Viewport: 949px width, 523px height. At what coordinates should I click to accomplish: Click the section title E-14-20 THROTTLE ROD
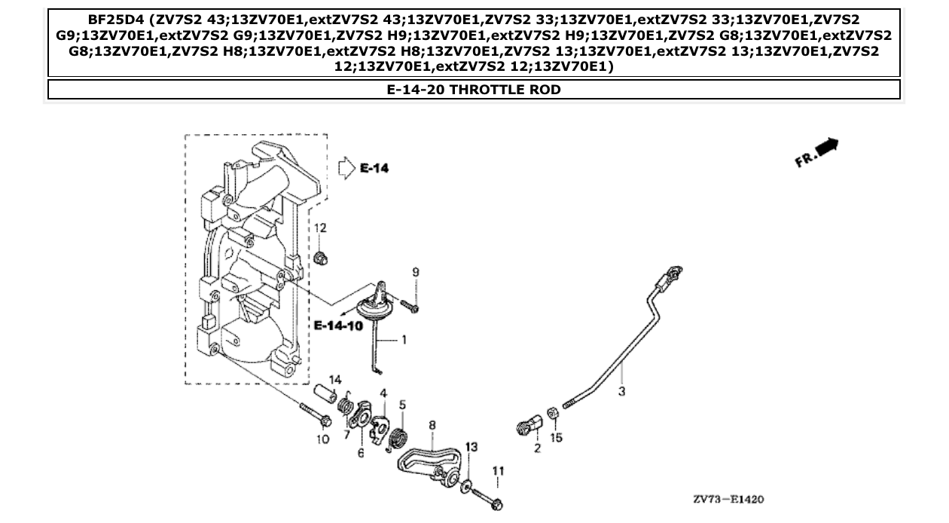pos(474,90)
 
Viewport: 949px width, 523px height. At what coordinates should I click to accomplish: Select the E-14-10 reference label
pos(337,325)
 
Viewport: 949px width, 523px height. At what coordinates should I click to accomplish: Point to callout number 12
pos(320,228)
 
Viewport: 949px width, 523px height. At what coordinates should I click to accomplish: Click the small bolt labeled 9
pos(409,305)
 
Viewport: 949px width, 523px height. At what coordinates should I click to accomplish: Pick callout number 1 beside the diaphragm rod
pos(404,340)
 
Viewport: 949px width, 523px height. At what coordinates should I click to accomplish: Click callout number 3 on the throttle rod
pos(621,391)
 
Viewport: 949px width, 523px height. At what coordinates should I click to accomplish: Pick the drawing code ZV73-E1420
pos(730,499)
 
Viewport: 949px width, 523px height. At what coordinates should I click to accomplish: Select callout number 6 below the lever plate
pos(360,453)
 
